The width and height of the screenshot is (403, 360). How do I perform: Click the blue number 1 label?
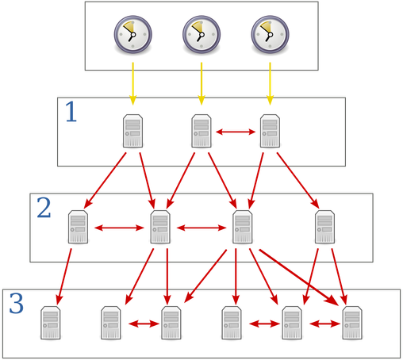(71, 112)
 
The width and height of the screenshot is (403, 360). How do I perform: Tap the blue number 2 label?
(44, 208)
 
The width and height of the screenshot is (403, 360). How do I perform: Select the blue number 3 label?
(17, 304)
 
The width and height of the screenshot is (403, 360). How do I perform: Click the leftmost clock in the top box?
(133, 35)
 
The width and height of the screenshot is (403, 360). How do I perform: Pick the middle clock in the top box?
(201, 35)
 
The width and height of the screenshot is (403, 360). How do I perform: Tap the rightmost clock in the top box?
(270, 35)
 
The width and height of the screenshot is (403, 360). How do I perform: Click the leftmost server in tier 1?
(132, 131)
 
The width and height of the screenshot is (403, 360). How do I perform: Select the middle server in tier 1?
(201, 131)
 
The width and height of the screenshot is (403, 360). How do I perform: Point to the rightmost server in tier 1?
(270, 131)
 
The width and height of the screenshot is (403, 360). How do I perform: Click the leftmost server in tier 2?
(78, 227)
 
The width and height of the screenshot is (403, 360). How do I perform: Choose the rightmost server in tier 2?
(324, 227)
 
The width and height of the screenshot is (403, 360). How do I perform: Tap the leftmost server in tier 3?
(51, 323)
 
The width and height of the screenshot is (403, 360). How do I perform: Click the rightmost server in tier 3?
(352, 323)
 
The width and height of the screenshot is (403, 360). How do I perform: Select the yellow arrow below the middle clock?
(201, 84)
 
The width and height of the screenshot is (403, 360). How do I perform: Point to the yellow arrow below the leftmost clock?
(133, 84)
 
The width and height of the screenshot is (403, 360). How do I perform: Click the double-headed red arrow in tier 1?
(236, 132)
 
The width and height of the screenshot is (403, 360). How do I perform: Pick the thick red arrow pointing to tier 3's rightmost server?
(299, 278)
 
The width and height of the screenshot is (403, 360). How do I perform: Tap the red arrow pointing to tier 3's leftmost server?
(63, 277)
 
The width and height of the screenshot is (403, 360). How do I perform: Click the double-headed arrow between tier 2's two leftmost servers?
(119, 228)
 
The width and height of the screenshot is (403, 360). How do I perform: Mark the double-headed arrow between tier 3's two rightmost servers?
(324, 324)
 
